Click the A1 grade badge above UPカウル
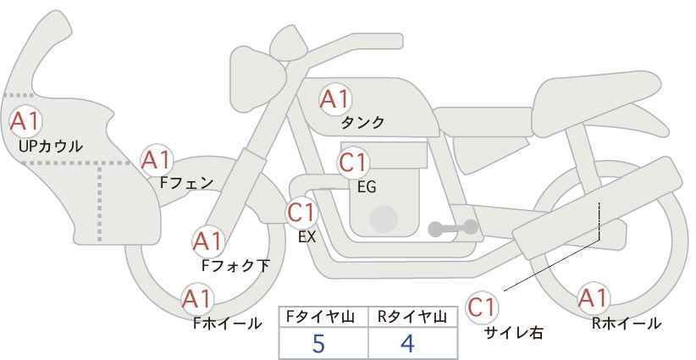click(25, 121)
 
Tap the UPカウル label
click(51, 147)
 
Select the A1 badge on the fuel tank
click(335, 99)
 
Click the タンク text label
click(362, 123)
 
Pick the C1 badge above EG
click(353, 163)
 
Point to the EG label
click(367, 187)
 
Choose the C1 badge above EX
click(301, 213)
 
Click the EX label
click(307, 237)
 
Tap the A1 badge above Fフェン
click(157, 160)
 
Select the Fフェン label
click(186, 183)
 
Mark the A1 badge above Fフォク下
click(207, 242)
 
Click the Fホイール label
click(227, 324)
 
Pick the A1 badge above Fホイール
click(197, 299)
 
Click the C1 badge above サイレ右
click(482, 307)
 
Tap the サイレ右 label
click(514, 333)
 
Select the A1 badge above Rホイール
click(594, 298)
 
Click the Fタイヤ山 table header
click(320, 317)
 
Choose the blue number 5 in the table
click(318, 343)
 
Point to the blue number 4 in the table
click(407, 343)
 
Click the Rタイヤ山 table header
click(412, 317)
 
